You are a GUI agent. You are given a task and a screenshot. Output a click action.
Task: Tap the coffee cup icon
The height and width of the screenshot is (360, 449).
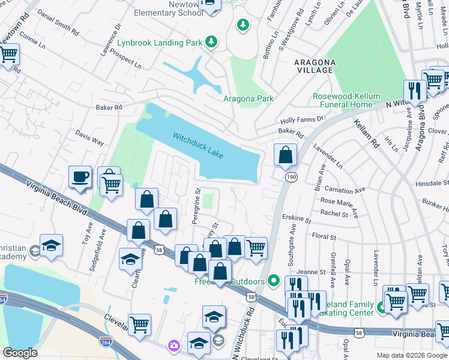pyautogui.click(x=80, y=177)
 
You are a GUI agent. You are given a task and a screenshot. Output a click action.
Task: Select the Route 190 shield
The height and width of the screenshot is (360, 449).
pyautogui.click(x=291, y=178)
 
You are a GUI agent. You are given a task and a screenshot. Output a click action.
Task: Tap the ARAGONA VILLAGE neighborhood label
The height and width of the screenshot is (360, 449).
pyautogui.click(x=313, y=66)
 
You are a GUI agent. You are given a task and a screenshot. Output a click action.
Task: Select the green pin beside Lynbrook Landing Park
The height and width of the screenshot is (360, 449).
pyautogui.click(x=211, y=41)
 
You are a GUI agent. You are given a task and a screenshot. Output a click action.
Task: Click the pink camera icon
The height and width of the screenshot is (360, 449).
pyautogui.click(x=173, y=346)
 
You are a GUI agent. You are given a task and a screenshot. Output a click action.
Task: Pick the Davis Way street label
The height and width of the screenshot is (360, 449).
pyautogui.click(x=89, y=139)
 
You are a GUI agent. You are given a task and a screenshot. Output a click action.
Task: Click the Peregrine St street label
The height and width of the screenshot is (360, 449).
pyautogui.click(x=196, y=205)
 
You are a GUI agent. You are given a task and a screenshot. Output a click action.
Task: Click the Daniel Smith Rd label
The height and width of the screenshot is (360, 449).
pyautogui.click(x=58, y=21)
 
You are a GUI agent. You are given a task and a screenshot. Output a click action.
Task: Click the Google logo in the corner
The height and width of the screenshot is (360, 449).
pyautogui.click(x=20, y=353)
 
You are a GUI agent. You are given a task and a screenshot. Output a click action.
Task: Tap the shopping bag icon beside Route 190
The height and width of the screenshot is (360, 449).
pyautogui.click(x=286, y=155)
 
